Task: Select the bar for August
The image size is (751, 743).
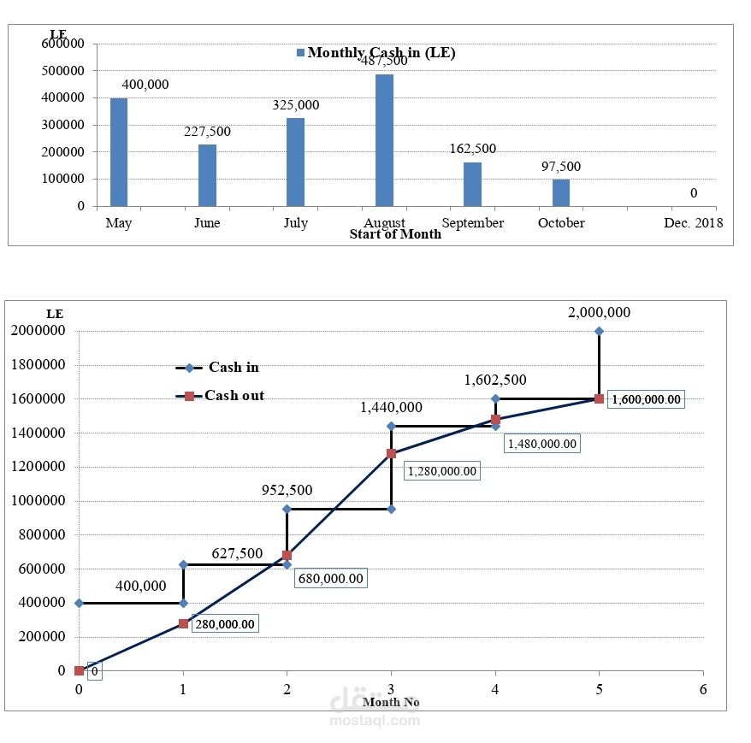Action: click(384, 140)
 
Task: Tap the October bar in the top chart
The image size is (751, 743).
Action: click(561, 192)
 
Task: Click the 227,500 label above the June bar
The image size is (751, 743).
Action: click(207, 132)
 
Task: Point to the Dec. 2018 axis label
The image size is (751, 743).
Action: click(694, 223)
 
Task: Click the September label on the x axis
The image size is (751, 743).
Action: click(473, 223)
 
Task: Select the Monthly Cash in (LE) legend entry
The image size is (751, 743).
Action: click(376, 53)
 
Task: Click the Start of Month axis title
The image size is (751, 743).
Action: click(395, 234)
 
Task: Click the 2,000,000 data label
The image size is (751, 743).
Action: click(599, 313)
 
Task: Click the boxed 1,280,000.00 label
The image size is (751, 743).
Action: click(441, 470)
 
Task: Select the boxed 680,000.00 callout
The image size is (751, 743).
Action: click(330, 579)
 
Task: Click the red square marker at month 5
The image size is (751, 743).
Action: click(599, 398)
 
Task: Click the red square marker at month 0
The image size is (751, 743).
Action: click(80, 670)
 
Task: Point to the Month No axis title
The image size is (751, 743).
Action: click(391, 702)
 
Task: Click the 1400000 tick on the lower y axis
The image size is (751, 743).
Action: click(39, 433)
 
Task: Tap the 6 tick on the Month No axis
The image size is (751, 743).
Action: click(702, 688)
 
